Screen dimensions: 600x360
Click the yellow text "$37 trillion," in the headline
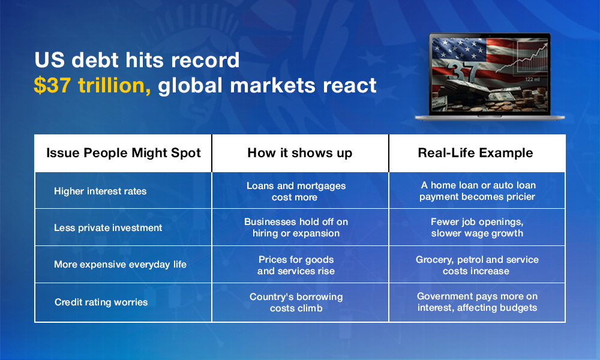(x=92, y=85)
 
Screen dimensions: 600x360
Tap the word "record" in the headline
(x=205, y=60)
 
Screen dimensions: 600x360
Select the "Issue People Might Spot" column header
(x=123, y=153)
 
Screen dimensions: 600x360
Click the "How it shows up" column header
(x=299, y=153)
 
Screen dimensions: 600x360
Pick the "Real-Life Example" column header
(x=475, y=153)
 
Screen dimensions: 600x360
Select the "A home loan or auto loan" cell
(x=477, y=191)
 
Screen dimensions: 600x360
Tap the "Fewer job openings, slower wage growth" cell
(x=477, y=227)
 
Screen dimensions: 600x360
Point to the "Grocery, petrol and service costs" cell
(x=477, y=265)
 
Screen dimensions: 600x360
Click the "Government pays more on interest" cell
(x=477, y=302)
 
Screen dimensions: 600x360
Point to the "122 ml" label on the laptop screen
(x=532, y=79)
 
